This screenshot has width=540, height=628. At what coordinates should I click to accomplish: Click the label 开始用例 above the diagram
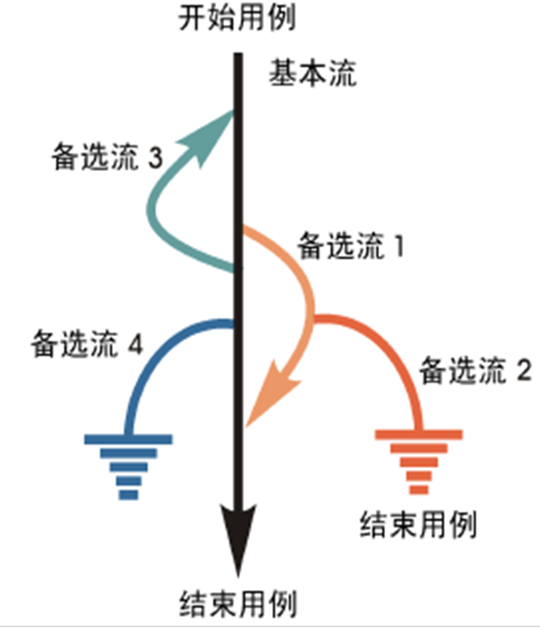(x=237, y=18)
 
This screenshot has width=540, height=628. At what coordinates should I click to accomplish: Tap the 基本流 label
(x=314, y=74)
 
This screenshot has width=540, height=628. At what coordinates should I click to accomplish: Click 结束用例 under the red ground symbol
(x=418, y=524)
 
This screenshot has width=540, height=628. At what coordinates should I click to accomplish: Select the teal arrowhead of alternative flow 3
(x=215, y=134)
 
